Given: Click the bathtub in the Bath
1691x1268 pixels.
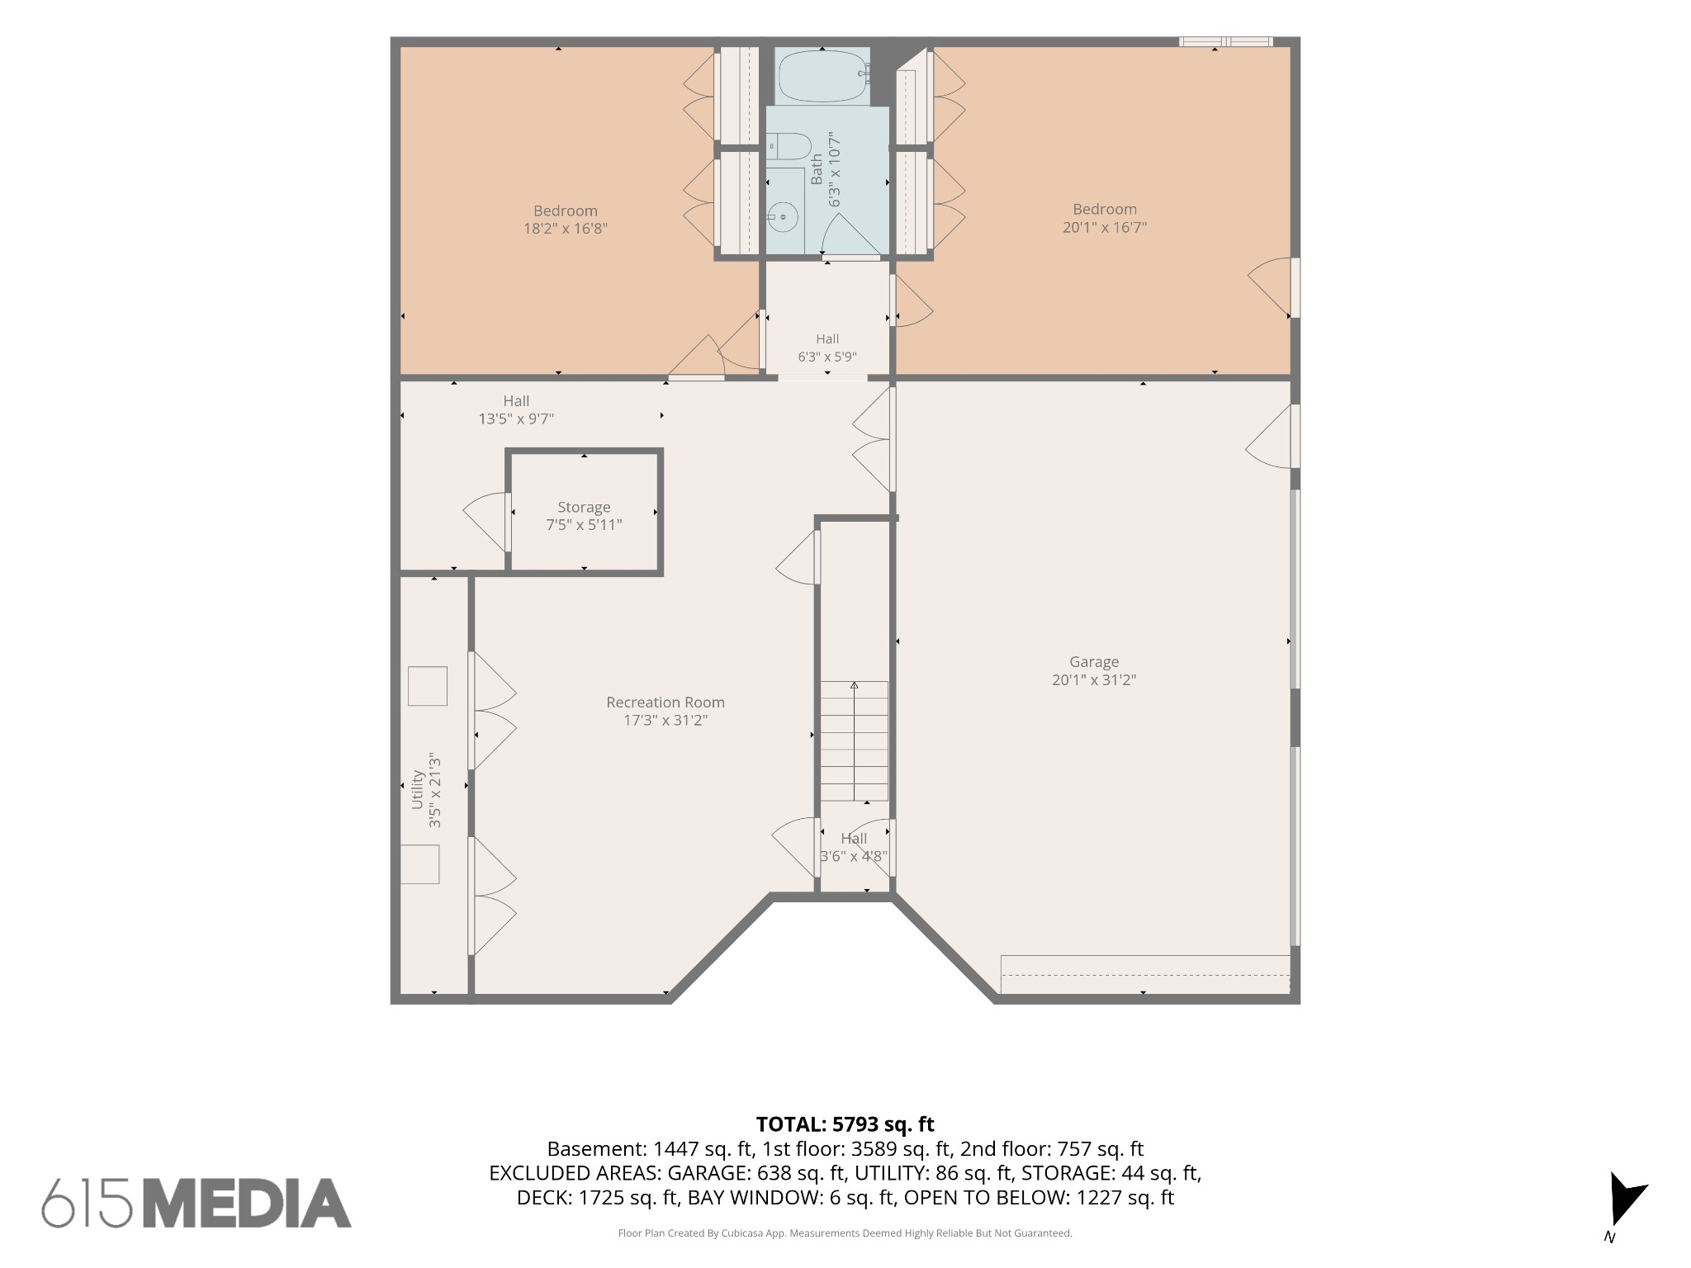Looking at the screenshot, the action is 823,76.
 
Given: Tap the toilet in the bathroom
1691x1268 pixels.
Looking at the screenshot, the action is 779,148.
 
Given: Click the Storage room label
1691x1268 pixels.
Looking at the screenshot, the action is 584,507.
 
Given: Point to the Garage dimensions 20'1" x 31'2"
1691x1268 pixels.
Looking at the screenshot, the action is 1094,680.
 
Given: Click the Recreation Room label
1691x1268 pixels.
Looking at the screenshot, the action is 666,703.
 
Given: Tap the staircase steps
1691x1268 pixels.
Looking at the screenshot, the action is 854,740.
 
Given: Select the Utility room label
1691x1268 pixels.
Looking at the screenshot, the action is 417,789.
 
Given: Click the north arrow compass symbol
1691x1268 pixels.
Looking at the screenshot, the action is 1625,1202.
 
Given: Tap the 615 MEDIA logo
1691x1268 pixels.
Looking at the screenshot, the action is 197,1203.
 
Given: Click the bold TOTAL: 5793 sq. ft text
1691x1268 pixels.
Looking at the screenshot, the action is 845,1124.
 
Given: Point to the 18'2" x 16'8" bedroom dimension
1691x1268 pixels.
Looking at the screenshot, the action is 566,229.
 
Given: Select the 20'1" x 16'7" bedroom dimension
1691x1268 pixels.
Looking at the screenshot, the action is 1105,227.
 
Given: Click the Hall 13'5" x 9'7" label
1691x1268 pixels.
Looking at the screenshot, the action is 516,409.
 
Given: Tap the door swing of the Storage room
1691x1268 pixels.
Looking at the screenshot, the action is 486,522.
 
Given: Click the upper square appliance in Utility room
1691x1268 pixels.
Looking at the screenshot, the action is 428,686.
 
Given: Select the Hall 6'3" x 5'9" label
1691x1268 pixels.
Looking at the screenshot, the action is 827,348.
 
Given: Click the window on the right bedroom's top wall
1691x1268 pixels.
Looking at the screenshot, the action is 1225,41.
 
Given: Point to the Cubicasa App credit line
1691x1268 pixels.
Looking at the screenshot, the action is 845,1233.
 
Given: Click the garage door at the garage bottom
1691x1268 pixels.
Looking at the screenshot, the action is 1145,975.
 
